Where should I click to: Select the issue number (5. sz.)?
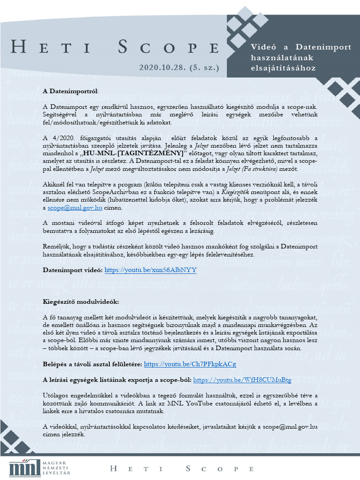click(x=203, y=67)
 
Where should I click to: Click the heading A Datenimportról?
click(x=71, y=90)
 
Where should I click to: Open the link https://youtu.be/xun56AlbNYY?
click(x=150, y=270)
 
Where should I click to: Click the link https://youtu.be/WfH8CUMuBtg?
click(x=242, y=380)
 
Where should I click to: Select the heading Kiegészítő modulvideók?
click(x=81, y=301)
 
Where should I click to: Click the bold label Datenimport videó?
click(x=72, y=270)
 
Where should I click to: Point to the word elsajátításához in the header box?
click(x=283, y=68)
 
